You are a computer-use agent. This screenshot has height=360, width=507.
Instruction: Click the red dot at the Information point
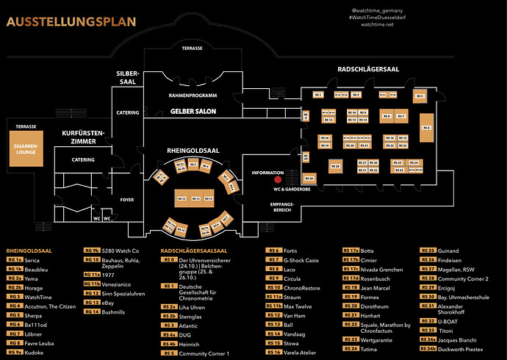[278, 179]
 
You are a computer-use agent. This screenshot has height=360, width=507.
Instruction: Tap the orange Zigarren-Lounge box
[26, 155]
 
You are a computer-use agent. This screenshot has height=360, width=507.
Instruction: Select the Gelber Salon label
[193, 111]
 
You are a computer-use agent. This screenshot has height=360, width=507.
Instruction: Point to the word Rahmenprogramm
[193, 96]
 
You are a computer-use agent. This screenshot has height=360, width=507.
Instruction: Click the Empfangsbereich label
[282, 206]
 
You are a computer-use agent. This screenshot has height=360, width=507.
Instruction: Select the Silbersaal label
[127, 78]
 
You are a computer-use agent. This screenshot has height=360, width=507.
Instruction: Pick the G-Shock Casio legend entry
[301, 260]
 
